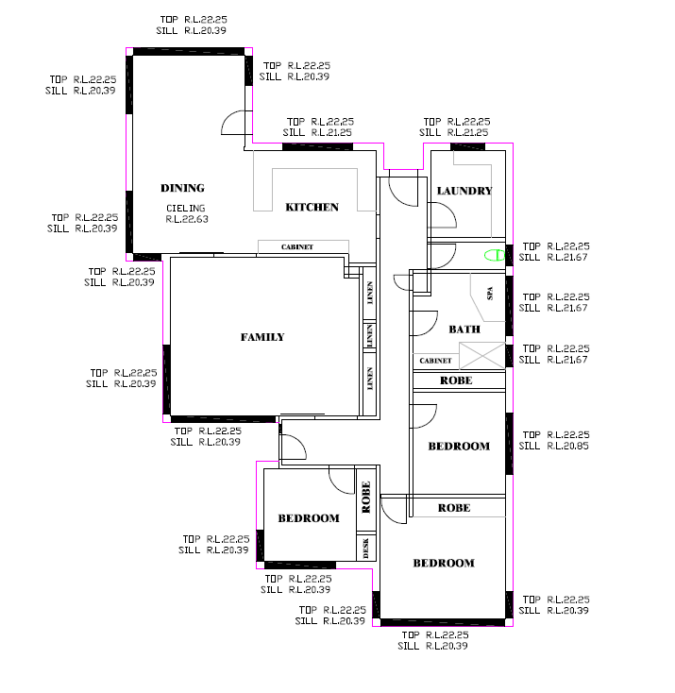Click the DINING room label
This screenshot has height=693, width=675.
pos(182,188)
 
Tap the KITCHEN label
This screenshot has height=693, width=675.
pos(312,208)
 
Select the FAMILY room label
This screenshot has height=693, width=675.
pos(262,337)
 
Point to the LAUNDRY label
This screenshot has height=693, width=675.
pos(464,191)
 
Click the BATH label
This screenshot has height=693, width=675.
pos(464,330)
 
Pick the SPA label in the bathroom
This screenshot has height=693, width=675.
pos(490,294)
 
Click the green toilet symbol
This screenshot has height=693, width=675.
pos(495,256)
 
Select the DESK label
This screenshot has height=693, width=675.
pos(365,548)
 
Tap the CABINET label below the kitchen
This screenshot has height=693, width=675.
pos(297,247)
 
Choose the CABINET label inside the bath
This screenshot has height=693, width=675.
pos(435,361)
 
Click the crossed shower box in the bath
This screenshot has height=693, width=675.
pos(482,355)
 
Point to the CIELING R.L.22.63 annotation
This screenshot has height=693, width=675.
pos(187,213)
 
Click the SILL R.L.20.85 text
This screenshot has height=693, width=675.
pos(554,446)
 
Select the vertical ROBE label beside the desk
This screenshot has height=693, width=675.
pos(366,497)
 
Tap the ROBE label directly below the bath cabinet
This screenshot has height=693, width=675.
pos(456,380)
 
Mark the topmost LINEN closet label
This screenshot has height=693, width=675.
pos(370,293)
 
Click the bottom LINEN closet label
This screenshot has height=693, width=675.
pos(370,379)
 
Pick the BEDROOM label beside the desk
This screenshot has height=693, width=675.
pos(309,518)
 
